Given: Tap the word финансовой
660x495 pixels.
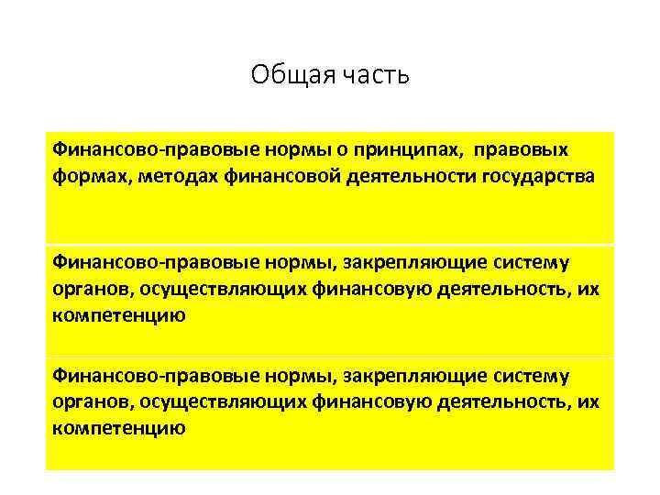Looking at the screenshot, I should [x=282, y=175].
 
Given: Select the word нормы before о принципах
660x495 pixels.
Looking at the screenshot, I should [x=258, y=149].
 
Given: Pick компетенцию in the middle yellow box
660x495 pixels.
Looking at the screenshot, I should [x=119, y=315].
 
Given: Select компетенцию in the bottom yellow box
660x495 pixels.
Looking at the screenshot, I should [x=119, y=428].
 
